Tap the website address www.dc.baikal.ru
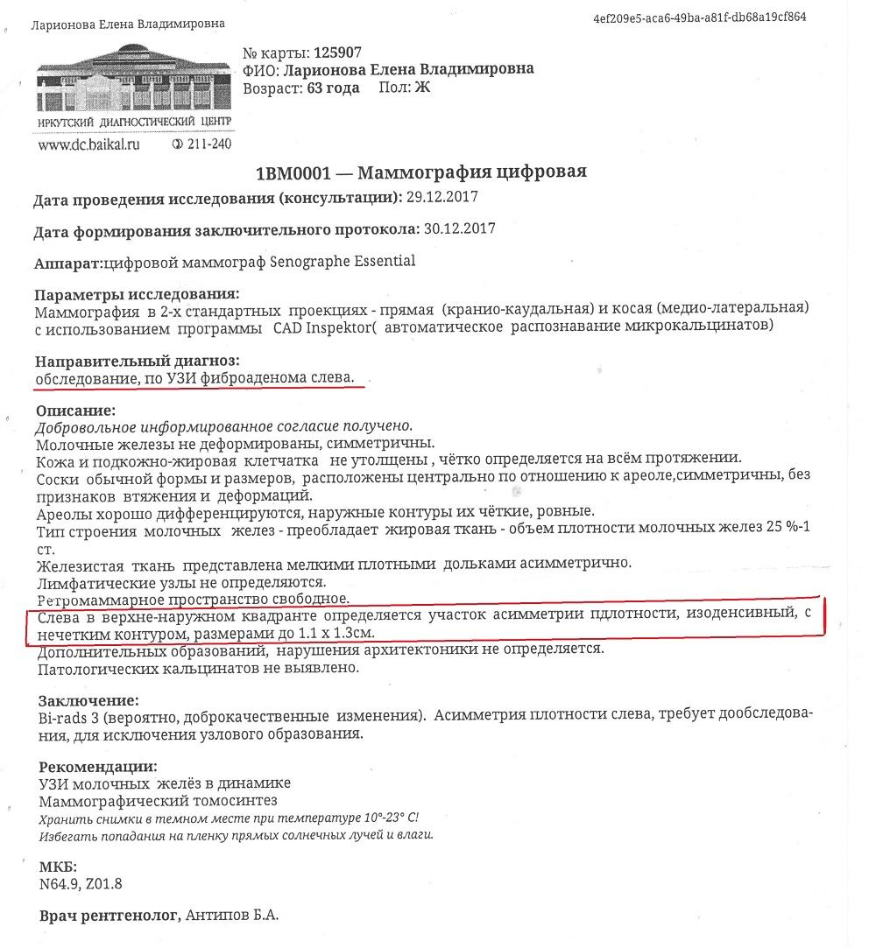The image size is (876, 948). (88, 144)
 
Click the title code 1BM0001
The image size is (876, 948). (296, 171)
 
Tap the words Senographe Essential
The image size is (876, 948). (350, 261)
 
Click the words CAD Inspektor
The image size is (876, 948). (308, 326)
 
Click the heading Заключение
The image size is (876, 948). (88, 699)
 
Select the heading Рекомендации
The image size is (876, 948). (98, 766)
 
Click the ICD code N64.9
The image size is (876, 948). (59, 883)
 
